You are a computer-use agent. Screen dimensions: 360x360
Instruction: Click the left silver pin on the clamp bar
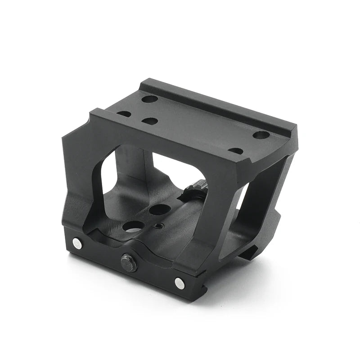78,243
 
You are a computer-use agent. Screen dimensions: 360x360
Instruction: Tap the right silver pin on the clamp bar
180,283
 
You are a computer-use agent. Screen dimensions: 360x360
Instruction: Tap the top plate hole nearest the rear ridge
150,99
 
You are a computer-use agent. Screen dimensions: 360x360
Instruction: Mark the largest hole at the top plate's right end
261,135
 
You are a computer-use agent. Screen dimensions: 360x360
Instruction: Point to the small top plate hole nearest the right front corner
235,151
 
